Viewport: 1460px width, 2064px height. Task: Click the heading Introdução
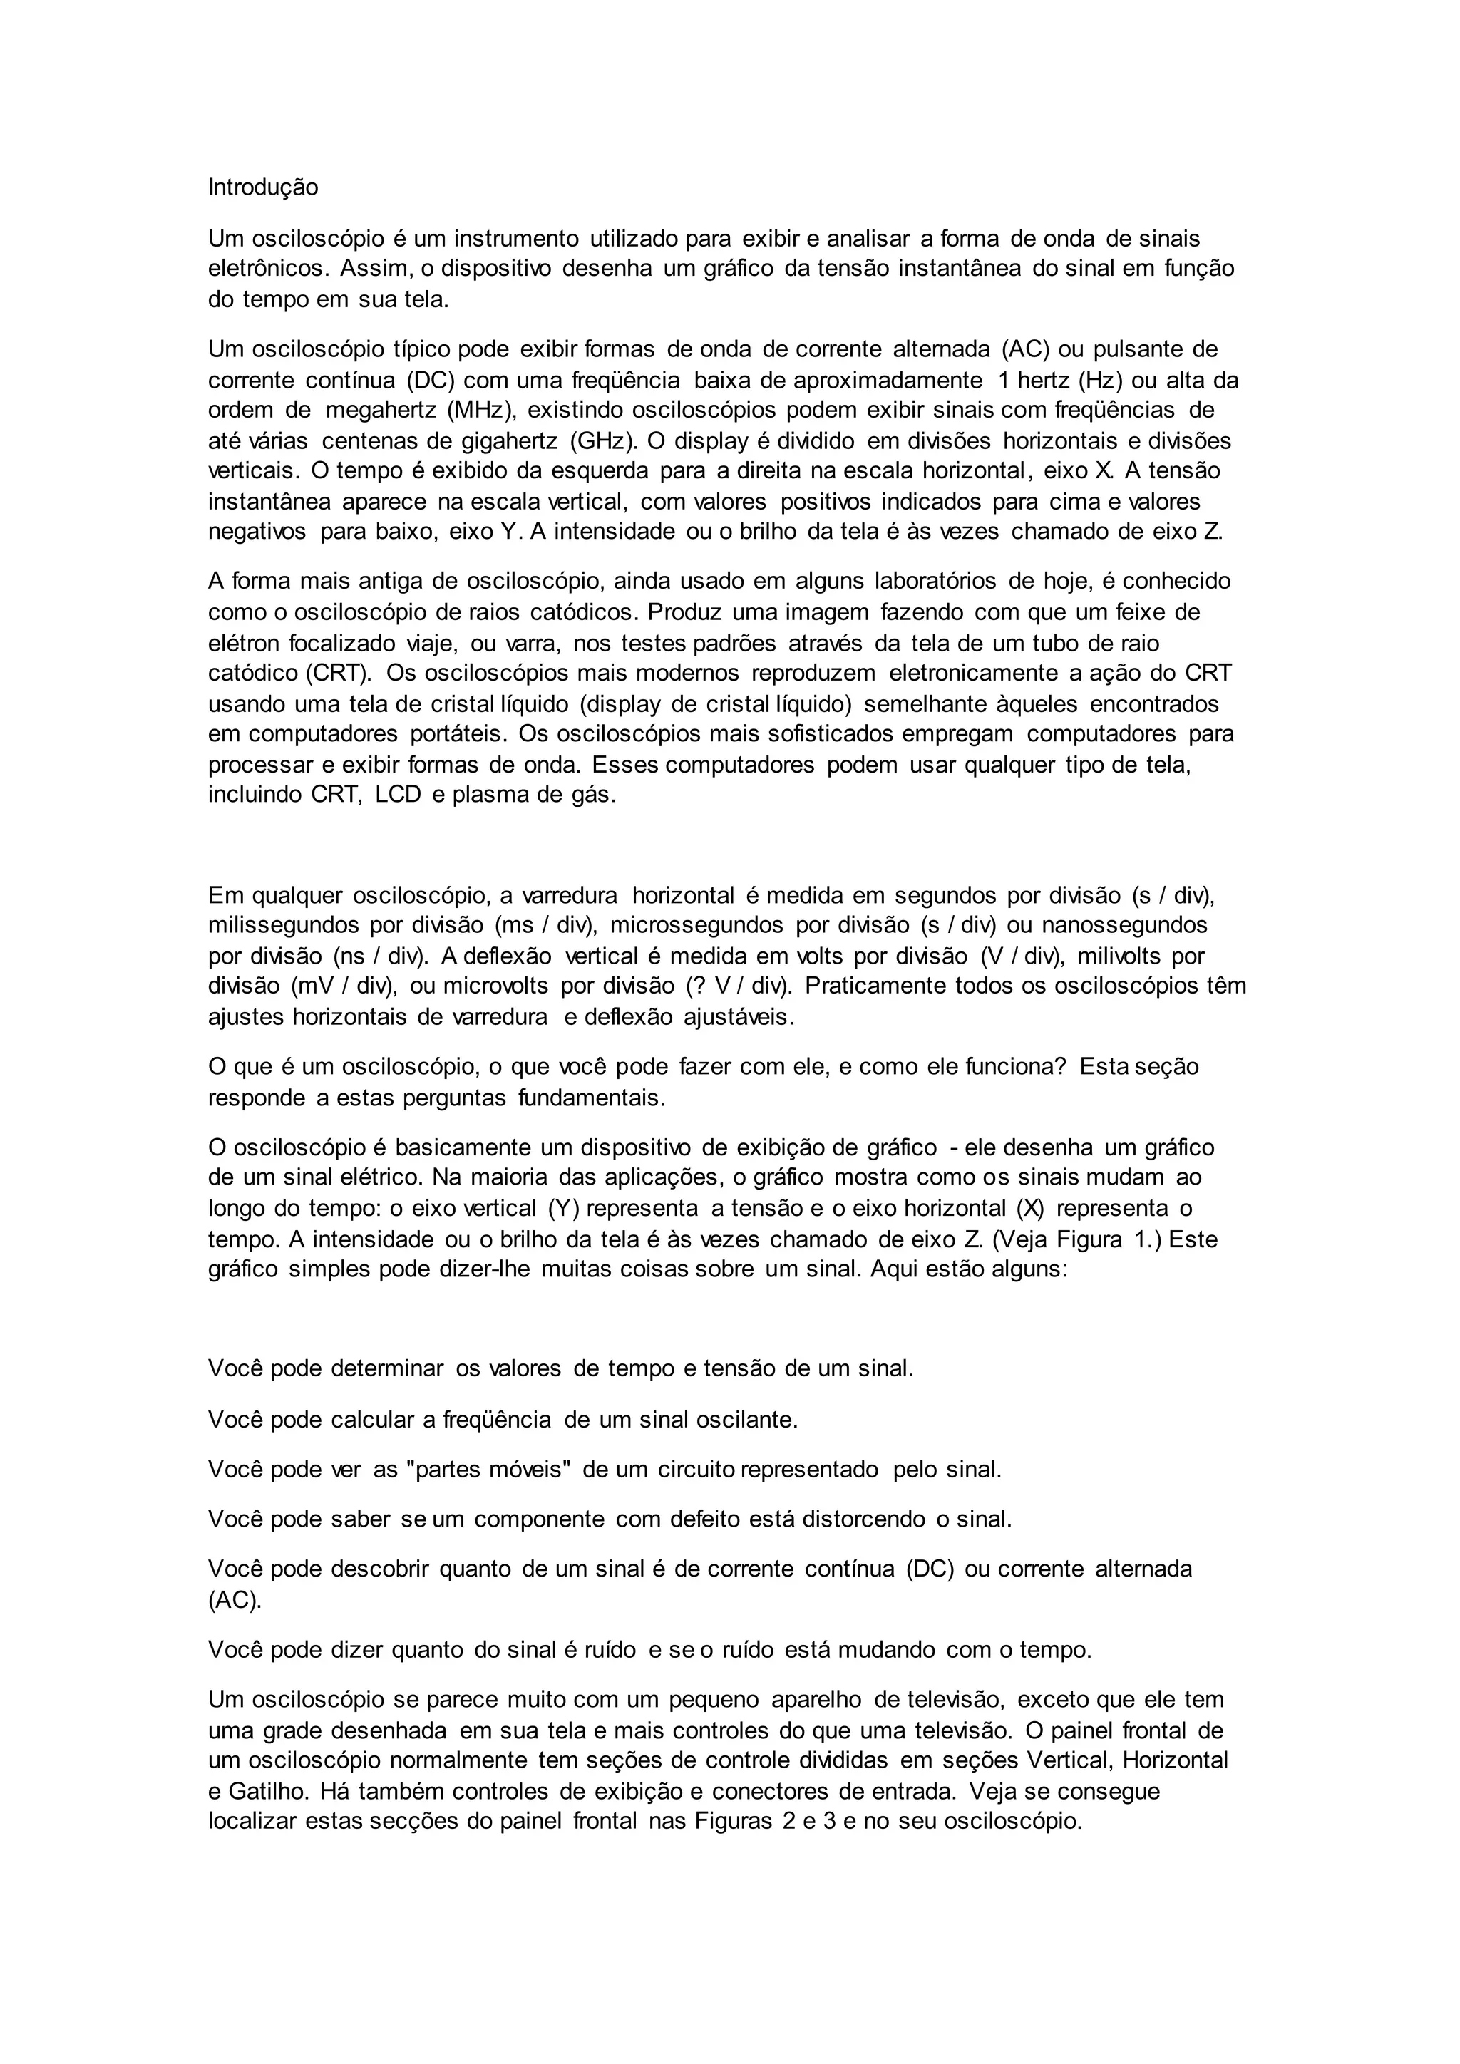point(262,188)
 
